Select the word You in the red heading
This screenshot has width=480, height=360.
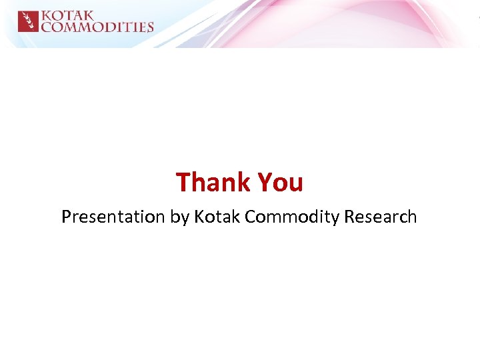(280, 182)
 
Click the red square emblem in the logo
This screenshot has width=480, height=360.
(28, 21)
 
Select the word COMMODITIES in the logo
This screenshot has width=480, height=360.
(97, 27)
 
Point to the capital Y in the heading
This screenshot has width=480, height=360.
(264, 182)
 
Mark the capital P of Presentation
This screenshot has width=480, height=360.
(66, 217)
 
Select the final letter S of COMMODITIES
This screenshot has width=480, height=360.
(150, 27)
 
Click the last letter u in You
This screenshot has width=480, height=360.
(296, 183)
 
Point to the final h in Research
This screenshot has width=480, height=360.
(412, 217)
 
